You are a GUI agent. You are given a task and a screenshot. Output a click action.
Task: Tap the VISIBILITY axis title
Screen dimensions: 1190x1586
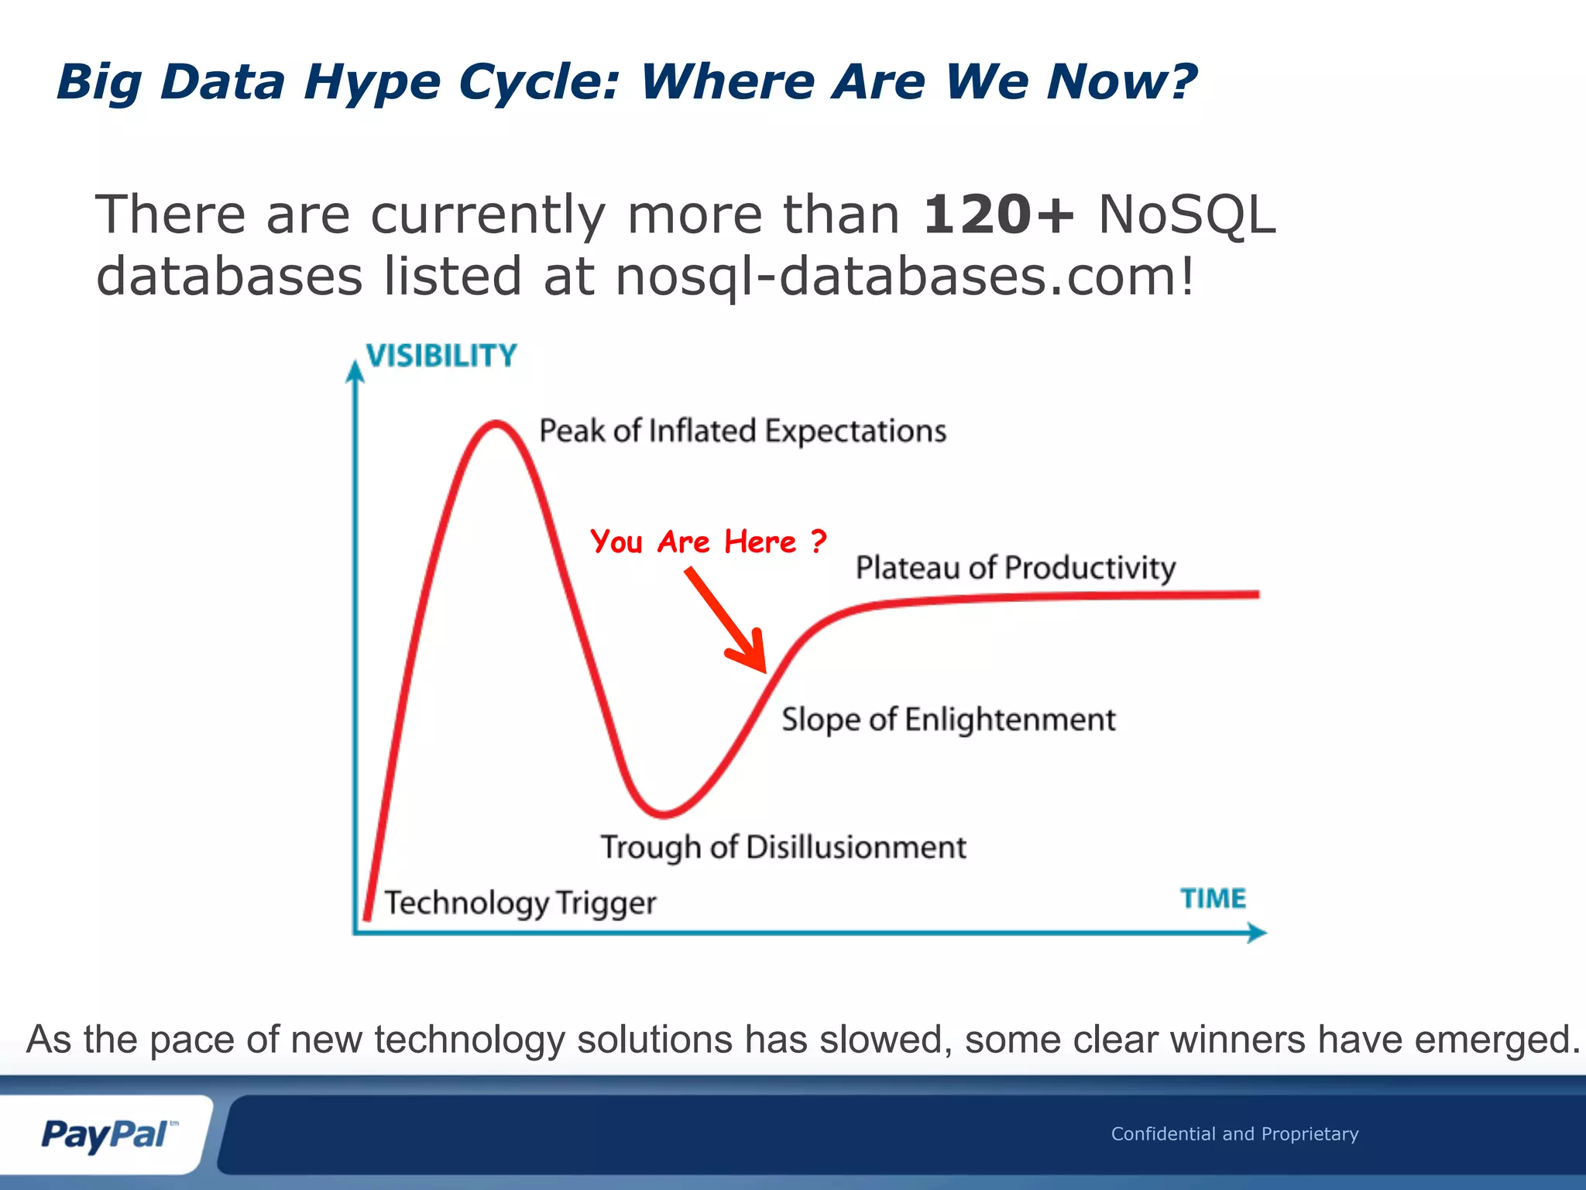[441, 356]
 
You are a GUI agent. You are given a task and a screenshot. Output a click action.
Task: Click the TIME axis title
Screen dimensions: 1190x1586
[1213, 898]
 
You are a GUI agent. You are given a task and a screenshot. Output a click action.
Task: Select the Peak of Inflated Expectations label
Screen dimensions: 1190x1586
[742, 431]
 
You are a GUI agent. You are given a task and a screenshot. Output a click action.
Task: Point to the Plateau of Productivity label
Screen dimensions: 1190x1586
[1014, 568]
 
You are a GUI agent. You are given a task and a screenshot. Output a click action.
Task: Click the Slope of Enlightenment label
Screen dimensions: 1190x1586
[948, 720]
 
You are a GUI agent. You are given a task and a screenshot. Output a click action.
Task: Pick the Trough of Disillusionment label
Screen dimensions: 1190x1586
[783, 847]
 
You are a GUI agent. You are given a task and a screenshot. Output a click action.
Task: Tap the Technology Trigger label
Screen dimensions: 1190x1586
[520, 903]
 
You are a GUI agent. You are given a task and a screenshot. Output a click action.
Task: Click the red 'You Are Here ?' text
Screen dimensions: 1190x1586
[708, 541]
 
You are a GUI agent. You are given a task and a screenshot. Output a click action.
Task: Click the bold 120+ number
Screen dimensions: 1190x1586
[998, 214]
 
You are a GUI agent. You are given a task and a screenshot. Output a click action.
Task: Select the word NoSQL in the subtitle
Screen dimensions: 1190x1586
[1186, 214]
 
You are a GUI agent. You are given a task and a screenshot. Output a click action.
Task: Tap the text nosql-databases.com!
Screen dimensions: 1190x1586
[905, 277]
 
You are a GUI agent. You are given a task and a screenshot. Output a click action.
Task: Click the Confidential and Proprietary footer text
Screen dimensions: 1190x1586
[1234, 1133]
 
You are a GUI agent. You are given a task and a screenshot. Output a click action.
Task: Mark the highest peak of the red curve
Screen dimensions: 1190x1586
[496, 424]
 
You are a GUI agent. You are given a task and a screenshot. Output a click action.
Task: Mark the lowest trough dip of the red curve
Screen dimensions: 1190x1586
[664, 813]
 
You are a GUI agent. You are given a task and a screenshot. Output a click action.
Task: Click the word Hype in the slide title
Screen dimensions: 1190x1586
[372, 82]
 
